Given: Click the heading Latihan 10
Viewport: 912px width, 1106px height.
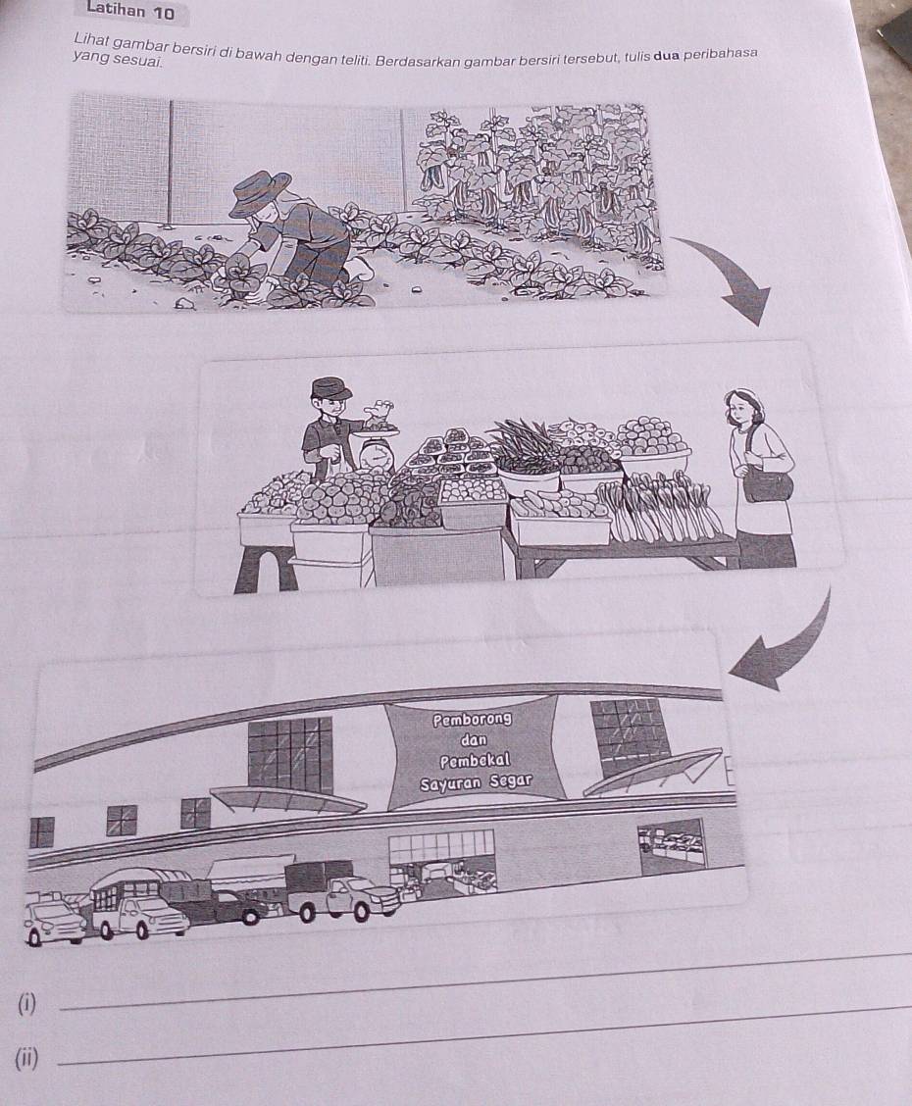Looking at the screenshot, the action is pyautogui.click(x=130, y=10).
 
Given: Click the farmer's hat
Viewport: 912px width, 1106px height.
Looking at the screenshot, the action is pyautogui.click(x=259, y=192).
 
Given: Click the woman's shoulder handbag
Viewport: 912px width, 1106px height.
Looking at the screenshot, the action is pyautogui.click(x=769, y=483).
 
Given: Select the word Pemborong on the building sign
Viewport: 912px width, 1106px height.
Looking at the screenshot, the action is pyautogui.click(x=472, y=720).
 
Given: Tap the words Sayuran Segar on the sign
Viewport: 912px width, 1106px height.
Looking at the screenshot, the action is pyautogui.click(x=475, y=782).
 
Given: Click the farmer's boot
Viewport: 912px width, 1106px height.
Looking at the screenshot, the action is pyautogui.click(x=361, y=269).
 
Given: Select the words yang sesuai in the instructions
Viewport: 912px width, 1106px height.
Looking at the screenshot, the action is pyautogui.click(x=118, y=59).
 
